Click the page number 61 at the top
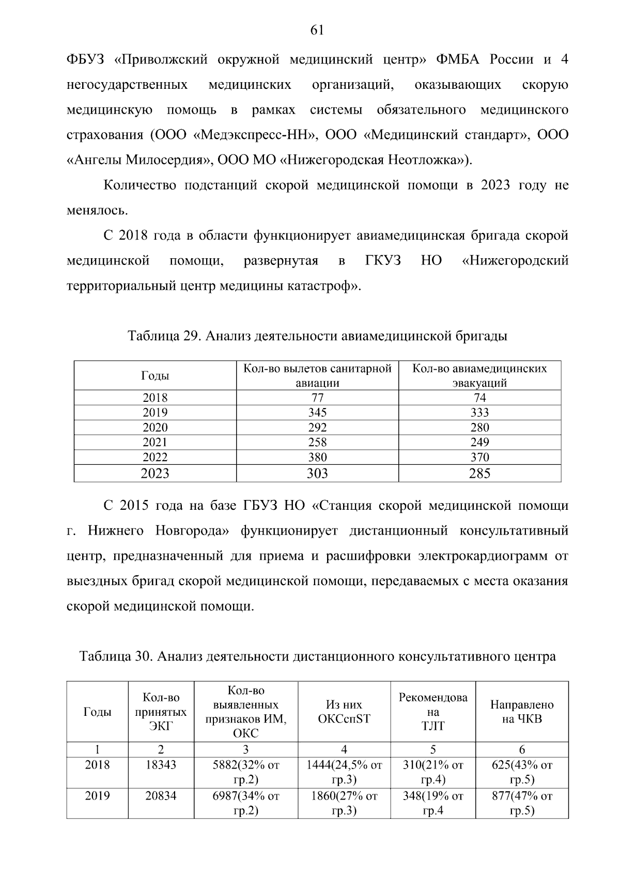pos(317,30)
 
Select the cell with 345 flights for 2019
pos(317,412)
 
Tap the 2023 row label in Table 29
pos(155,473)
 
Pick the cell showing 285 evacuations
pos(479,473)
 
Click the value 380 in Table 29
pos(317,457)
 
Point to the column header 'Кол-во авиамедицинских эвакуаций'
pos(479,375)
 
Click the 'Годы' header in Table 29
pos(155,375)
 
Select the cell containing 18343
pos(161,765)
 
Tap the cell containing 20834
pos(161,796)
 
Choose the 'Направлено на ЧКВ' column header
pos(522,712)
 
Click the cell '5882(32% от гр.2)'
pos(246,773)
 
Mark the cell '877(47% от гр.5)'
pos(522,803)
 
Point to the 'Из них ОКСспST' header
pos(344,712)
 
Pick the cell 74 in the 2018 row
pos(479,398)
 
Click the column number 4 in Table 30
pos(344,749)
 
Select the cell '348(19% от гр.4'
pos(433,803)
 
